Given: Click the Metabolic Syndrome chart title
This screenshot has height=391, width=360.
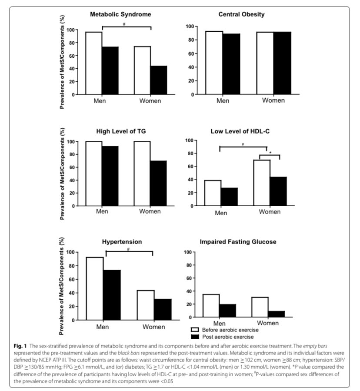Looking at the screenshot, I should pyautogui.click(x=120, y=14).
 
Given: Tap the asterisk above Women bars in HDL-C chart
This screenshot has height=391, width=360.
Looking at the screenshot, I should pyautogui.click(x=270, y=152).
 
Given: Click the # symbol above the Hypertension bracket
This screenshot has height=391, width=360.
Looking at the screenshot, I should pyautogui.click(x=129, y=249).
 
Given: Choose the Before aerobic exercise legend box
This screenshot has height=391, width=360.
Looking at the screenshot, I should pyautogui.click(x=195, y=330).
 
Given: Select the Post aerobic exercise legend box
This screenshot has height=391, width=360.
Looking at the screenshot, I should pyautogui.click(x=195, y=337).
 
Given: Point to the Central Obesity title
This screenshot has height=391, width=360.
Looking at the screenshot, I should pyautogui.click(x=241, y=14).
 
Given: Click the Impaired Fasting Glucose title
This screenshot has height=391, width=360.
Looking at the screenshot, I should pyautogui.click(x=238, y=241).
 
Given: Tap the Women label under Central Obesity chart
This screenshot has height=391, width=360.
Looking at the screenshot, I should pyautogui.click(x=273, y=100).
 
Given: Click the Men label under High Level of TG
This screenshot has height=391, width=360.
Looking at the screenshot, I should pyautogui.click(x=103, y=212).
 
